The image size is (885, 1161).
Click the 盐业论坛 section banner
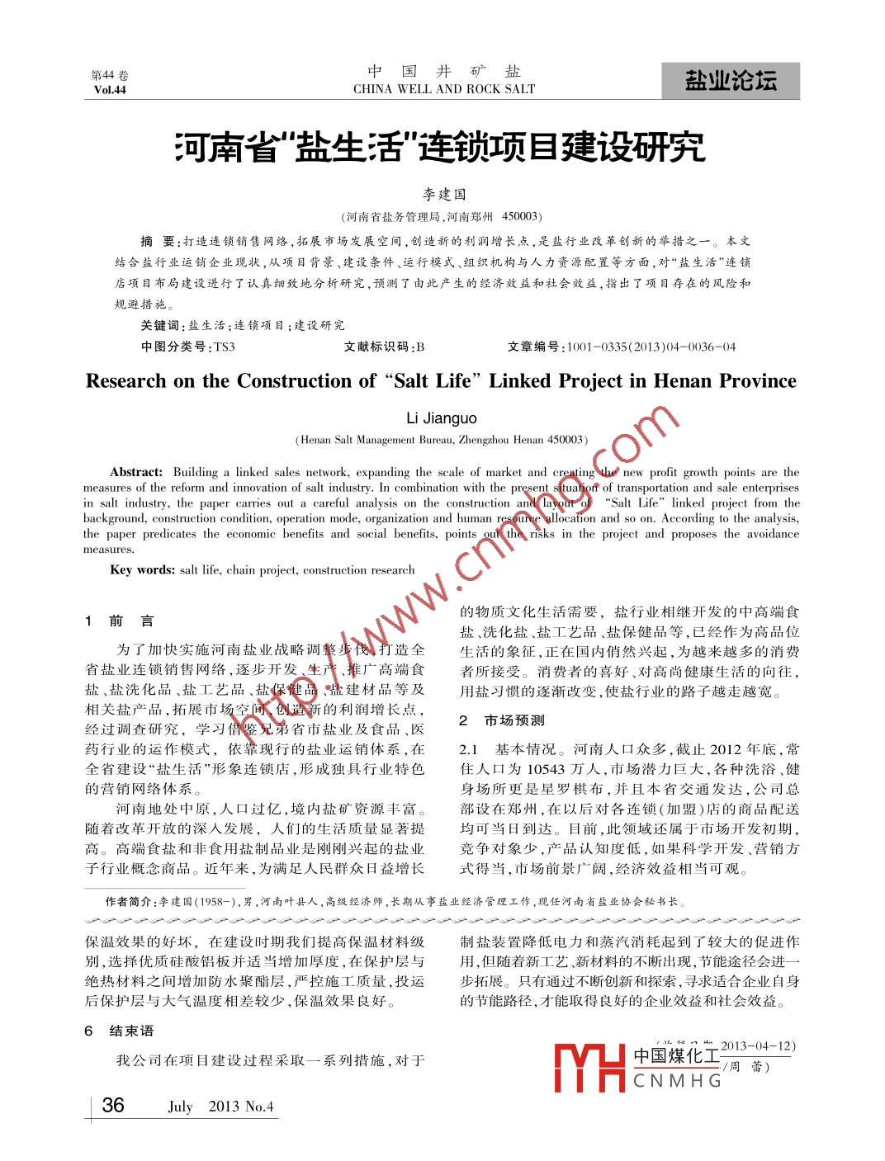pyautogui.click(x=730, y=81)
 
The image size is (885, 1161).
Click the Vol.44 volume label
pyautogui.click(x=110, y=90)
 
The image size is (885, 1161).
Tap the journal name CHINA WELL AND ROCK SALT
pyautogui.click(x=444, y=89)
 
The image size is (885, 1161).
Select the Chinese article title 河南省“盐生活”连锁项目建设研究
pyautogui.click(x=441, y=149)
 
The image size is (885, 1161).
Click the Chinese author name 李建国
pyautogui.click(x=444, y=195)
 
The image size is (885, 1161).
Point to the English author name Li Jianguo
pyautogui.click(x=442, y=418)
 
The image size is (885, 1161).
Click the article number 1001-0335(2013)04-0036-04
pyautogui.click(x=651, y=347)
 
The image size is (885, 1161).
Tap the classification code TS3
pyautogui.click(x=224, y=347)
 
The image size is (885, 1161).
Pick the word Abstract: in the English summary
pyautogui.click(x=136, y=472)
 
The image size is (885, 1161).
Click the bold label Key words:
pyautogui.click(x=142, y=569)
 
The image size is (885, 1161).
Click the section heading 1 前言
pyautogui.click(x=120, y=621)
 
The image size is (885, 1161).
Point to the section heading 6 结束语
pyautogui.click(x=120, y=1031)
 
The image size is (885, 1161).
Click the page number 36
pyautogui.click(x=112, y=1105)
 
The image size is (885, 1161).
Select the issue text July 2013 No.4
pyautogui.click(x=220, y=1107)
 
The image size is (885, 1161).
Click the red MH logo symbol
pyautogui.click(x=589, y=1068)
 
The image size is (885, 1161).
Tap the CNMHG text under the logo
pyautogui.click(x=677, y=1080)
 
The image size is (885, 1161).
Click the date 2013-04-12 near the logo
pyautogui.click(x=757, y=1046)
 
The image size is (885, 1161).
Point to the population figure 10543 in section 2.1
pyautogui.click(x=546, y=769)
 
